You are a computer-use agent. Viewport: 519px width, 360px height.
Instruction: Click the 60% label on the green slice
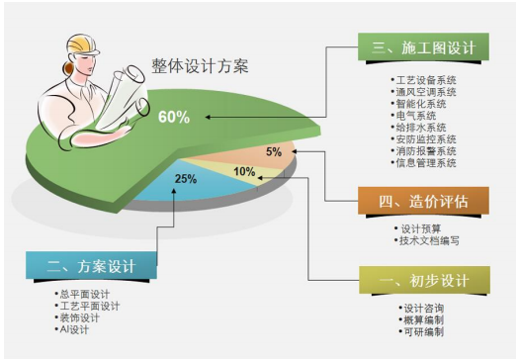tap(173, 117)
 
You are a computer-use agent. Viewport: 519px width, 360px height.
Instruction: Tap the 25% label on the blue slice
tap(184, 179)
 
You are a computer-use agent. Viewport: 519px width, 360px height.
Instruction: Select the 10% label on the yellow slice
tap(243, 171)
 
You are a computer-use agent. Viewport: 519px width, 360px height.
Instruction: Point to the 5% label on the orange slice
tap(274, 152)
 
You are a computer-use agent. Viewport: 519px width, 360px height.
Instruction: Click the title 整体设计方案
tap(200, 67)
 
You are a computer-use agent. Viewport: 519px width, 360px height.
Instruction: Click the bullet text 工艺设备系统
tap(429, 79)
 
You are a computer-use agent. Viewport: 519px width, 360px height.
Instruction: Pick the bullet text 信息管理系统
tap(429, 162)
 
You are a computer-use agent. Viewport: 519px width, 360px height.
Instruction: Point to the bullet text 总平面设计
tap(87, 294)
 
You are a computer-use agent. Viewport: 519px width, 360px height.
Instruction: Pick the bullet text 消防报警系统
tap(429, 150)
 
